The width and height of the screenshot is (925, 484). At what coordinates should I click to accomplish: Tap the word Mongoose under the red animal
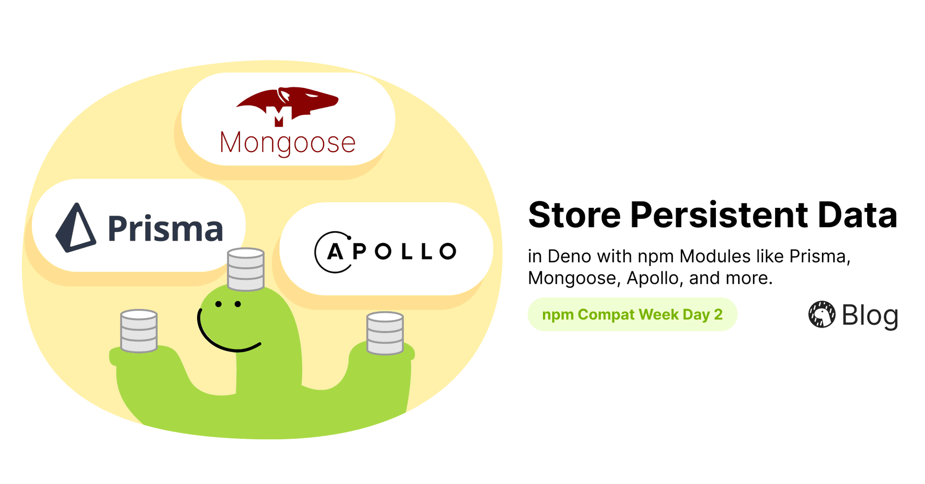tap(288, 143)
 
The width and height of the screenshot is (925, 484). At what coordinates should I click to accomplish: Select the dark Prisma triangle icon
tap(76, 228)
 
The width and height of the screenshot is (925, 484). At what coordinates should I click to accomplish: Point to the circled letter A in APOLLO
tap(335, 252)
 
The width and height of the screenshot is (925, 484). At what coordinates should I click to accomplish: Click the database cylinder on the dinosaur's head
tap(246, 269)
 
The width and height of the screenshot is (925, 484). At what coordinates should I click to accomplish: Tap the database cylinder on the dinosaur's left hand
tap(139, 331)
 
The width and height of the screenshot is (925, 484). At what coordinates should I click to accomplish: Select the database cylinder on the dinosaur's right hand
tap(385, 333)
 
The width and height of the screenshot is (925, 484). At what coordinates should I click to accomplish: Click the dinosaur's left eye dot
tap(219, 304)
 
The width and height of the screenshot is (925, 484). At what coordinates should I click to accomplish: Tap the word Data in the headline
tap(858, 215)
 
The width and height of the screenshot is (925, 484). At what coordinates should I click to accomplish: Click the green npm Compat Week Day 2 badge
tap(632, 315)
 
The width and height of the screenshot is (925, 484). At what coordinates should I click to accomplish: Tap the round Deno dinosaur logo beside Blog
tap(821, 315)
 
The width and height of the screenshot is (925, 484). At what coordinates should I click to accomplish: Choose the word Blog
tap(870, 316)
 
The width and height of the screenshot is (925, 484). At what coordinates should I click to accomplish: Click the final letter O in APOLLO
tap(448, 251)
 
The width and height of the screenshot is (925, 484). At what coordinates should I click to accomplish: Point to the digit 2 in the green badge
tap(718, 315)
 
